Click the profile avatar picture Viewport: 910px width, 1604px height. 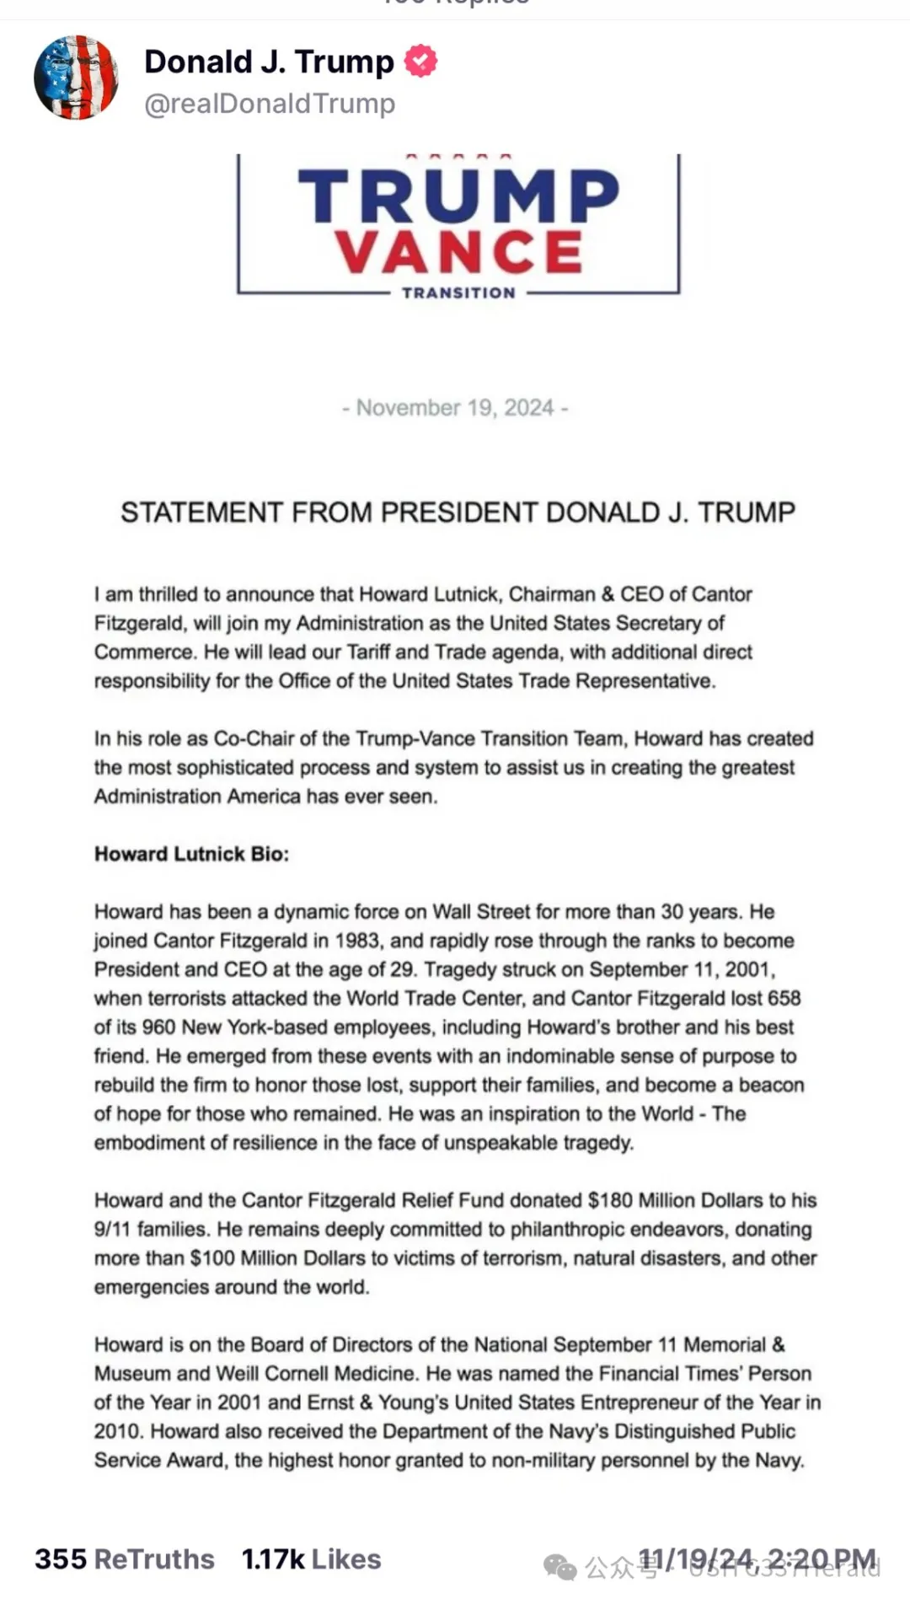(76, 78)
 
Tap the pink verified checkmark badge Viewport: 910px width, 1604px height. (421, 62)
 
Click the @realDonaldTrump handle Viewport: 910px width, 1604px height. (270, 104)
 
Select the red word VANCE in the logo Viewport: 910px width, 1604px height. (459, 251)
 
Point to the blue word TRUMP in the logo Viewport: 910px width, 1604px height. (458, 196)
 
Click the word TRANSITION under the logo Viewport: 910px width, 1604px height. (458, 293)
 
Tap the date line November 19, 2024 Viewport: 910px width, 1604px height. (455, 408)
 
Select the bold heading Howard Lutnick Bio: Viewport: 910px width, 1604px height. (191, 854)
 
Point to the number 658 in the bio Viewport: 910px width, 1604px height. (784, 998)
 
